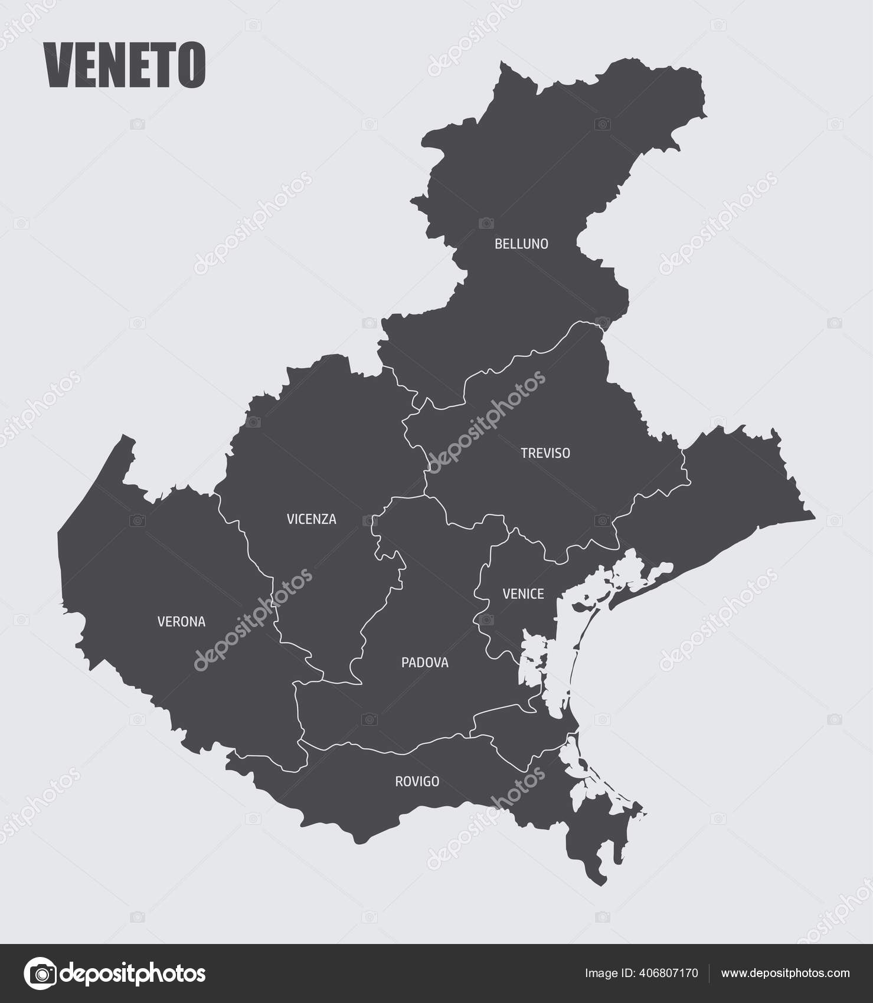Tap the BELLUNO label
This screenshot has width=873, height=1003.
(x=521, y=244)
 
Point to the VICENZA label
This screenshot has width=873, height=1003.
(x=311, y=519)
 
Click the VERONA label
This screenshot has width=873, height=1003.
(x=181, y=621)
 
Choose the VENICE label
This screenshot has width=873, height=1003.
(x=523, y=594)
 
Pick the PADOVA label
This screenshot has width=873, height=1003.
(x=424, y=663)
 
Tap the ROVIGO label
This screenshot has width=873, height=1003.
(x=417, y=782)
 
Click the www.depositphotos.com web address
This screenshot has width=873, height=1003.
(x=786, y=973)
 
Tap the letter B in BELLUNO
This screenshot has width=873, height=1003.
(x=498, y=244)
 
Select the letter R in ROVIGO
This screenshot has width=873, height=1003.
(x=398, y=782)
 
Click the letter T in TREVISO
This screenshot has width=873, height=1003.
(x=524, y=453)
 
